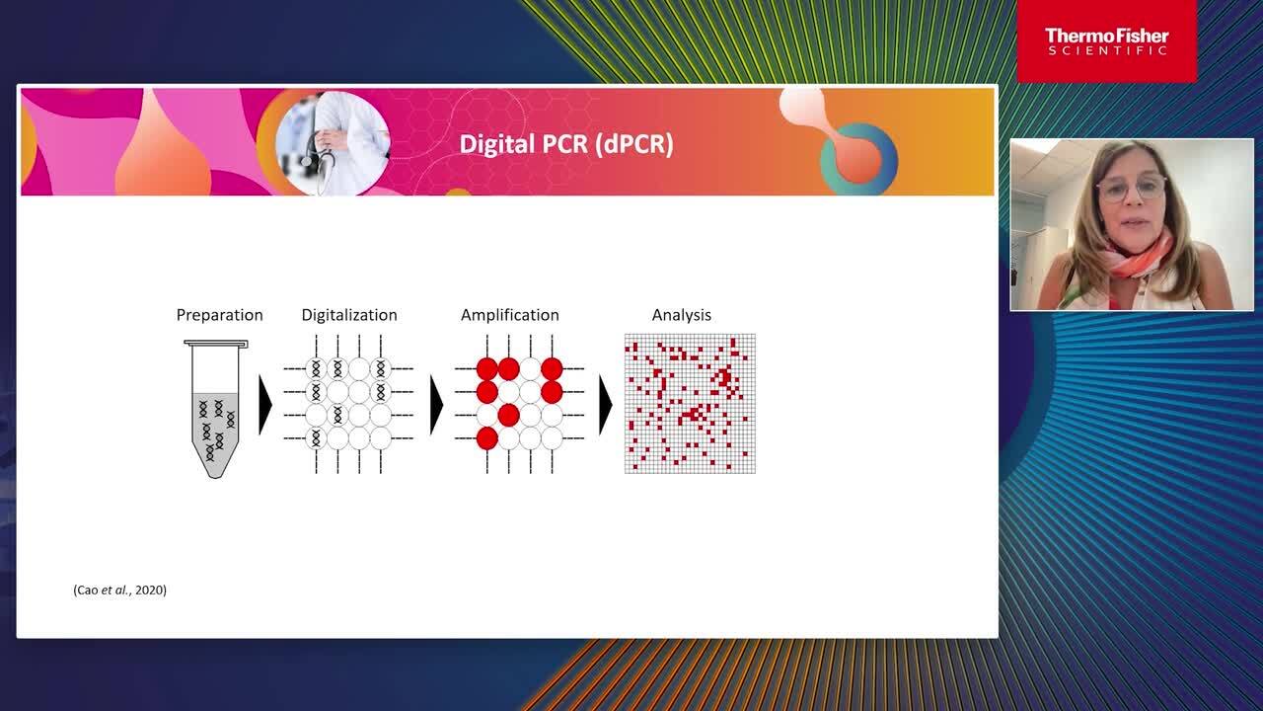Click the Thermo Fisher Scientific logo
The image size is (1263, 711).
(1107, 41)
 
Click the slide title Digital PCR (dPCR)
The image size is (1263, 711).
(566, 144)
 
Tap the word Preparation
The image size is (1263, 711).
(219, 315)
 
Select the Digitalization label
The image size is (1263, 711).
(349, 315)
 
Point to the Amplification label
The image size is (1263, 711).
(510, 315)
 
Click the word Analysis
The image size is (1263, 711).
(681, 315)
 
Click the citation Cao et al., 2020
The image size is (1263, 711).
(119, 591)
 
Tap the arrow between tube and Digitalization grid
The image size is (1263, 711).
(265, 405)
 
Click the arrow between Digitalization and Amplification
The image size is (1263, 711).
(436, 405)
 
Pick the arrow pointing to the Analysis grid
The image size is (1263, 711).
(605, 405)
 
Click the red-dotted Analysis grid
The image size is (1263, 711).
(690, 404)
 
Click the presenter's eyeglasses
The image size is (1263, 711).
(1132, 189)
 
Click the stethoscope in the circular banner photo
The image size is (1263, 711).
(313, 148)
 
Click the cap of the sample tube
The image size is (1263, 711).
(216, 343)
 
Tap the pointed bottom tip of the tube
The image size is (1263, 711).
(215, 477)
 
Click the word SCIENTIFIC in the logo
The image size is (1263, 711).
(1107, 50)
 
